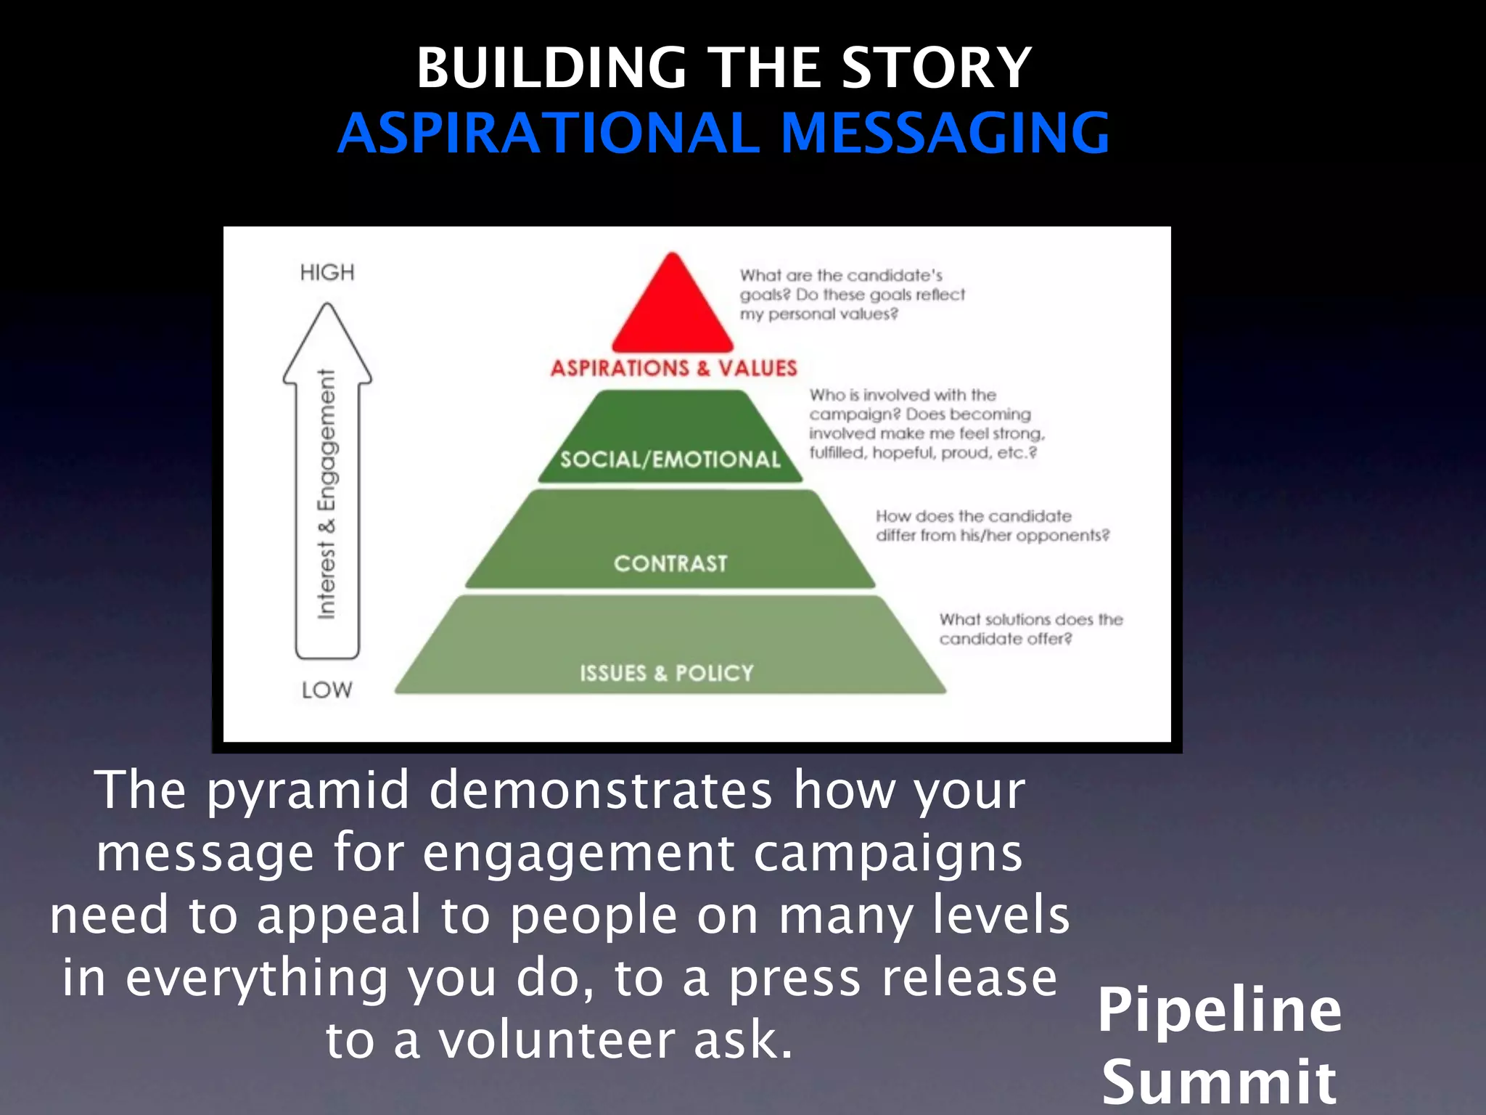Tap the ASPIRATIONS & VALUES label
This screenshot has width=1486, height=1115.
click(673, 368)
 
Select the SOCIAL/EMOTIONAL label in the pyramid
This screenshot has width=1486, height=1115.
click(670, 460)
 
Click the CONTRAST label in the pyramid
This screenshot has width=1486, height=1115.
click(670, 563)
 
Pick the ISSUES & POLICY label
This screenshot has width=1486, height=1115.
click(666, 673)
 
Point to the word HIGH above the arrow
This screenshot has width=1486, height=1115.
click(327, 273)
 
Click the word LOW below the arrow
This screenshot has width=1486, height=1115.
click(327, 690)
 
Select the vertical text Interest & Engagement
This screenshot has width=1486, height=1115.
click(327, 494)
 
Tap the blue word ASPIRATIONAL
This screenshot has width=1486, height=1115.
click(555, 134)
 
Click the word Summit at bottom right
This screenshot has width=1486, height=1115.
click(1219, 1082)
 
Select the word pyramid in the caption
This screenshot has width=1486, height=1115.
click(308, 791)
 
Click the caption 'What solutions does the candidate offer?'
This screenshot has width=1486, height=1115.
click(1030, 629)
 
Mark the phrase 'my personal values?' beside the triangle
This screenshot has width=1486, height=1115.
click(818, 314)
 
